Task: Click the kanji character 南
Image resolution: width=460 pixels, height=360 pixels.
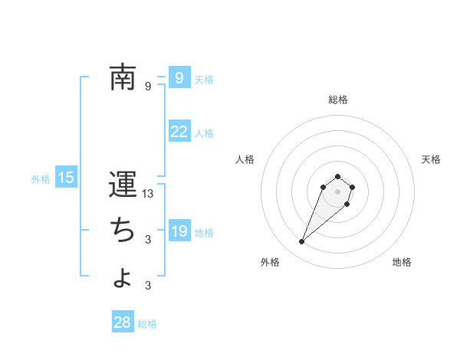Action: point(123,77)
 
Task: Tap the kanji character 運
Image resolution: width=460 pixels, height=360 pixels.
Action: point(123,185)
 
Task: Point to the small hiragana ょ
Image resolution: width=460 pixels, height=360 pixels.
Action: point(123,277)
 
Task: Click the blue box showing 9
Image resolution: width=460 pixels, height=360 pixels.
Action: point(179,77)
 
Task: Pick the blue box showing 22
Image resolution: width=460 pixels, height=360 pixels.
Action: point(179,132)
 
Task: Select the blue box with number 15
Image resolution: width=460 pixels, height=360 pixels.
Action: point(66,178)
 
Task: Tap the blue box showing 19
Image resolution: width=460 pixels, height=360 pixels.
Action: point(179,231)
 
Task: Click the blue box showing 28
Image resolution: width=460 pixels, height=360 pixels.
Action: point(122,322)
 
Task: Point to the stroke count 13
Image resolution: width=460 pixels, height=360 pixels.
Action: point(149,194)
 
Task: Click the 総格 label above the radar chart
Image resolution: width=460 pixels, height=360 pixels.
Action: point(338,100)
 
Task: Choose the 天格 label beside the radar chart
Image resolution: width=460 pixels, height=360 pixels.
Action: point(431,159)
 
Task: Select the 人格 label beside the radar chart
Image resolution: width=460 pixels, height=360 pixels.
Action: point(245,159)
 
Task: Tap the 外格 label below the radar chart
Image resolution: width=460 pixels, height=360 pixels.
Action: point(270,262)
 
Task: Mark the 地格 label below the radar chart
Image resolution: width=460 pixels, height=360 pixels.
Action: point(402,262)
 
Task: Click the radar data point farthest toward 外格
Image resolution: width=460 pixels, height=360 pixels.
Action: point(301,242)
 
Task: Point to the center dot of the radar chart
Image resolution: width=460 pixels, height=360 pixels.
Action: point(337,191)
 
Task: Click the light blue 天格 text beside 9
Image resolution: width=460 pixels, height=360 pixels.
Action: point(204,79)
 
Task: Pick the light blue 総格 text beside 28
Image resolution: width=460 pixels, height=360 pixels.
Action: point(147,324)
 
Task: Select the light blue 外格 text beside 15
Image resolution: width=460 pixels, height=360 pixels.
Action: point(41,179)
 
